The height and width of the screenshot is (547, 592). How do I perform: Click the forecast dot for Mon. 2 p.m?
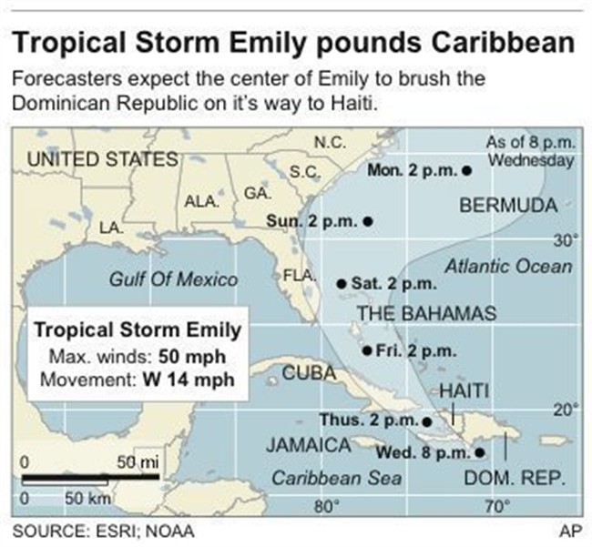(x=466, y=170)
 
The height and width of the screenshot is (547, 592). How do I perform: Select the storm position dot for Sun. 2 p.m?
(x=368, y=220)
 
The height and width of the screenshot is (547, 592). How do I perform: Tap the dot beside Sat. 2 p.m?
(x=342, y=284)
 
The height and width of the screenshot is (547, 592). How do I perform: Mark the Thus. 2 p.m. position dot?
(x=427, y=420)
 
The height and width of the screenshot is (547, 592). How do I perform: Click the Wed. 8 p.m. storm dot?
(x=479, y=451)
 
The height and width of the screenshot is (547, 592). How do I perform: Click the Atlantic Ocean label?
(x=508, y=266)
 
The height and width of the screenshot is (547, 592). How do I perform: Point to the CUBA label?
(x=309, y=372)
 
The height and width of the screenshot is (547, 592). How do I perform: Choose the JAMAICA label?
(x=309, y=446)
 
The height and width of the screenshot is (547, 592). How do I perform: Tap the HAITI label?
(x=464, y=391)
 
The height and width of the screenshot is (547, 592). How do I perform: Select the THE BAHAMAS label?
(x=425, y=314)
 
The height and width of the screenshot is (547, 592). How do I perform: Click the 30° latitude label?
(x=565, y=240)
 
